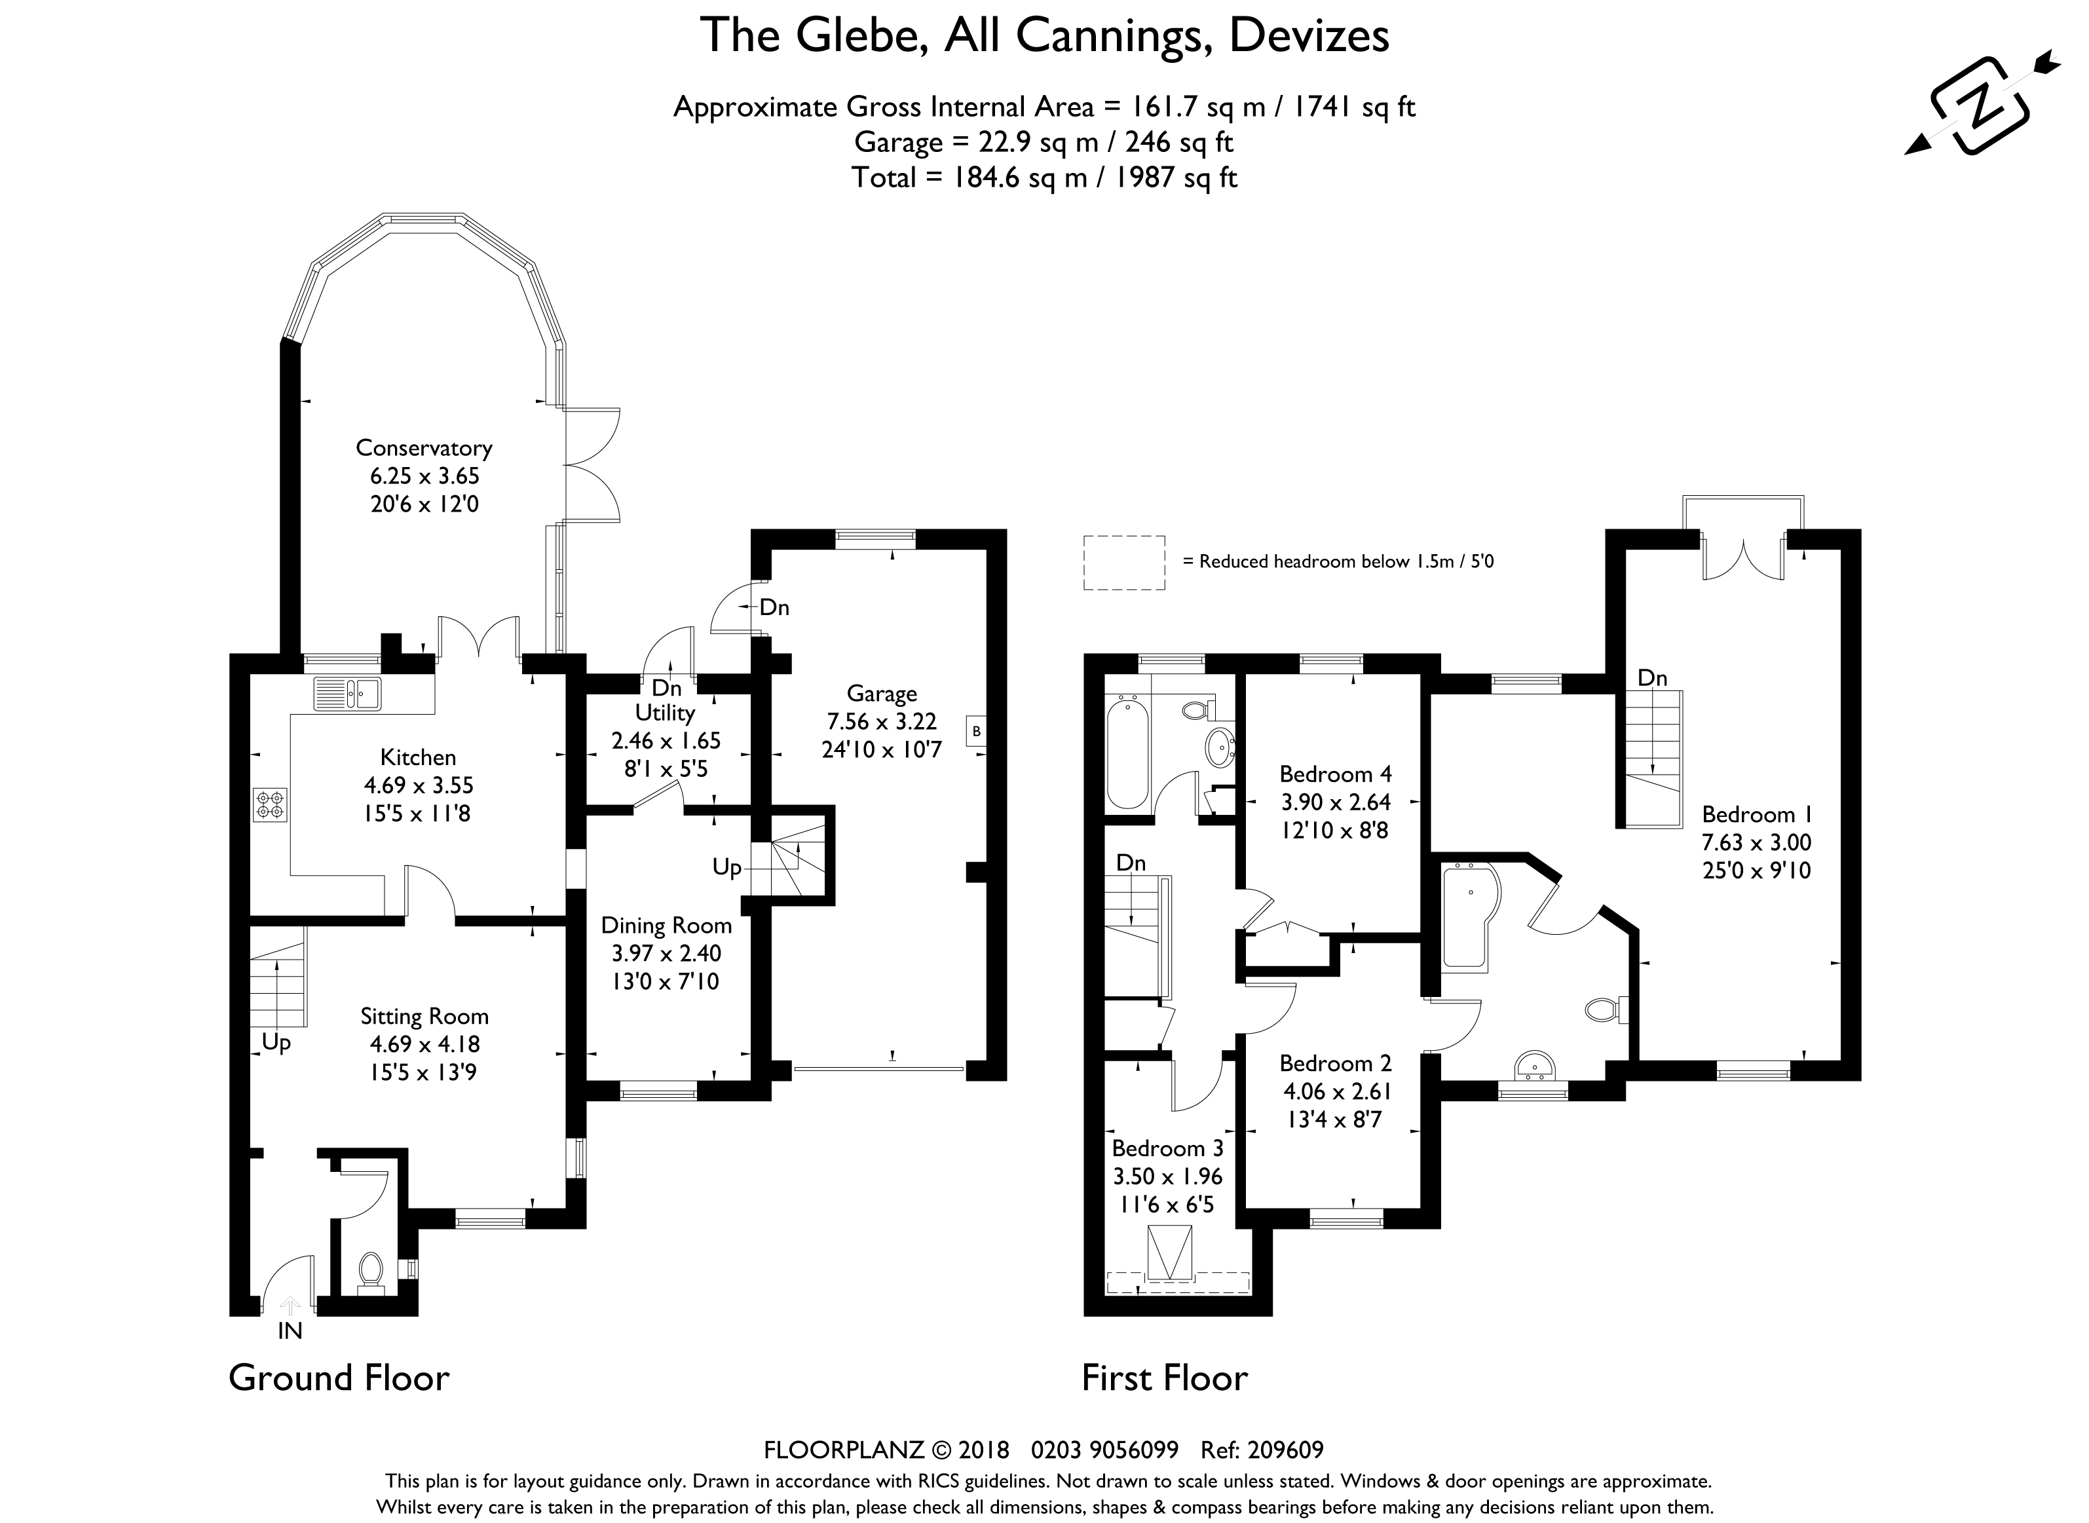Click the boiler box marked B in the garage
(976, 731)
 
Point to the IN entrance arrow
(290, 1306)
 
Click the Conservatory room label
(424, 448)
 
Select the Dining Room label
(666, 926)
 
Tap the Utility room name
(665, 713)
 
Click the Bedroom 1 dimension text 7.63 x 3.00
(1756, 842)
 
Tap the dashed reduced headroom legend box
(1124, 563)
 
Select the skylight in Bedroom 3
(1168, 1253)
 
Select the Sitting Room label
(424, 1016)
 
